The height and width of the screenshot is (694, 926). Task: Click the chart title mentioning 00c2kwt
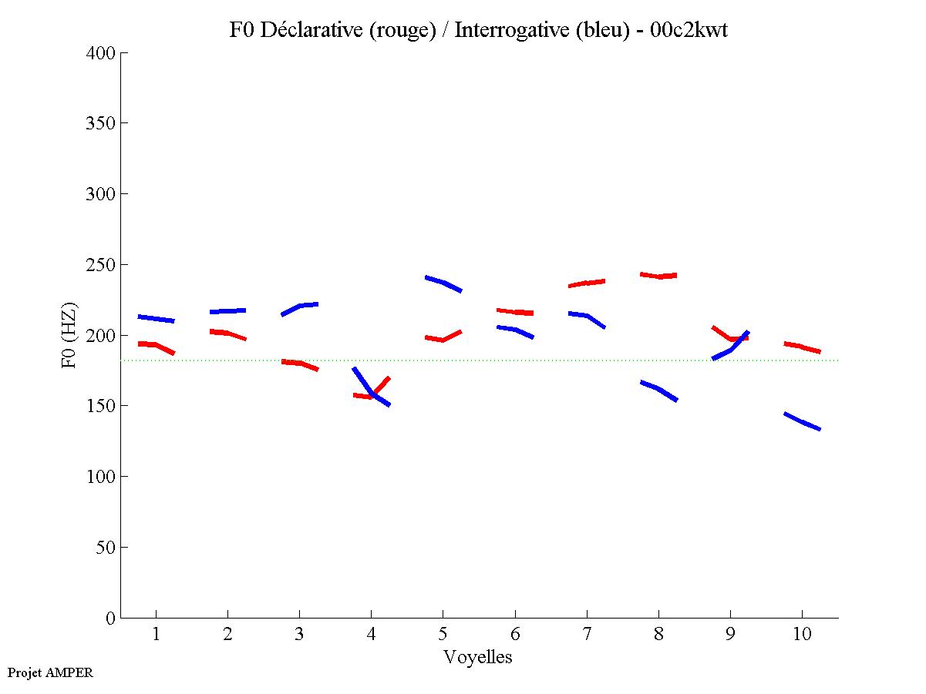(x=478, y=30)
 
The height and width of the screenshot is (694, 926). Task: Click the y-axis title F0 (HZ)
(x=69, y=335)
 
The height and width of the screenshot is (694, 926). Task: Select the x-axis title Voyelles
(x=478, y=657)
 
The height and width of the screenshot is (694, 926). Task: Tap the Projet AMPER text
(x=50, y=672)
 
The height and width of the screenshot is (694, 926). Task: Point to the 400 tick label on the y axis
(x=102, y=53)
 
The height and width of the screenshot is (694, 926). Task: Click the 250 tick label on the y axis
(x=102, y=265)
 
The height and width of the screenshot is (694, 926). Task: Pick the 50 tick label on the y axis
(x=106, y=548)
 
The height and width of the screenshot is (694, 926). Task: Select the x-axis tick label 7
(x=587, y=635)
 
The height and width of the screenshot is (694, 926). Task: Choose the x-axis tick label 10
(x=802, y=635)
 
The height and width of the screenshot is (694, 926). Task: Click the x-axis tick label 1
(x=157, y=635)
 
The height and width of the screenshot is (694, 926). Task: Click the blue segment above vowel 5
(x=443, y=283)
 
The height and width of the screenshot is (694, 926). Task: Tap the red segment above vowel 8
(x=658, y=275)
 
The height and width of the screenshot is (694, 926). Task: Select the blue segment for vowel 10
(x=802, y=421)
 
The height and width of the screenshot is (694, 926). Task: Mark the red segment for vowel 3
(x=300, y=364)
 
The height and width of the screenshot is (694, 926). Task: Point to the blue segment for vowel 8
(x=658, y=390)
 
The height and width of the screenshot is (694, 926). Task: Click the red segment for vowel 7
(x=587, y=283)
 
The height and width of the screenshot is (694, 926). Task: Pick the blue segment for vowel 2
(x=228, y=311)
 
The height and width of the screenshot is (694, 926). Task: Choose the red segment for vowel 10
(x=802, y=347)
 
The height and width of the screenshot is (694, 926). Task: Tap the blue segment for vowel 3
(x=300, y=307)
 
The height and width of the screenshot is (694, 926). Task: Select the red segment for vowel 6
(x=515, y=312)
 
